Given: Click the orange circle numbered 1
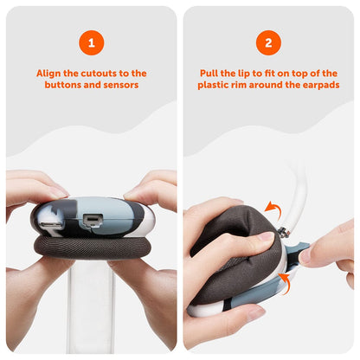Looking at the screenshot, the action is coord(92,42).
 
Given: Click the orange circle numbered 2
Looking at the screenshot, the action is coord(268,42).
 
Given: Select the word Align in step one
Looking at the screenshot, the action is coord(48,74).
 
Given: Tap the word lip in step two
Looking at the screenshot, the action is coord(229,74).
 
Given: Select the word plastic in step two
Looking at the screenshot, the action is coord(212,86).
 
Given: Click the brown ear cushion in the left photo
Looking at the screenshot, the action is coord(91,247).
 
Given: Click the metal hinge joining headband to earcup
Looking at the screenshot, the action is coord(284,232).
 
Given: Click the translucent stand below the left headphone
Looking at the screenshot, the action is coord(91,305).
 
